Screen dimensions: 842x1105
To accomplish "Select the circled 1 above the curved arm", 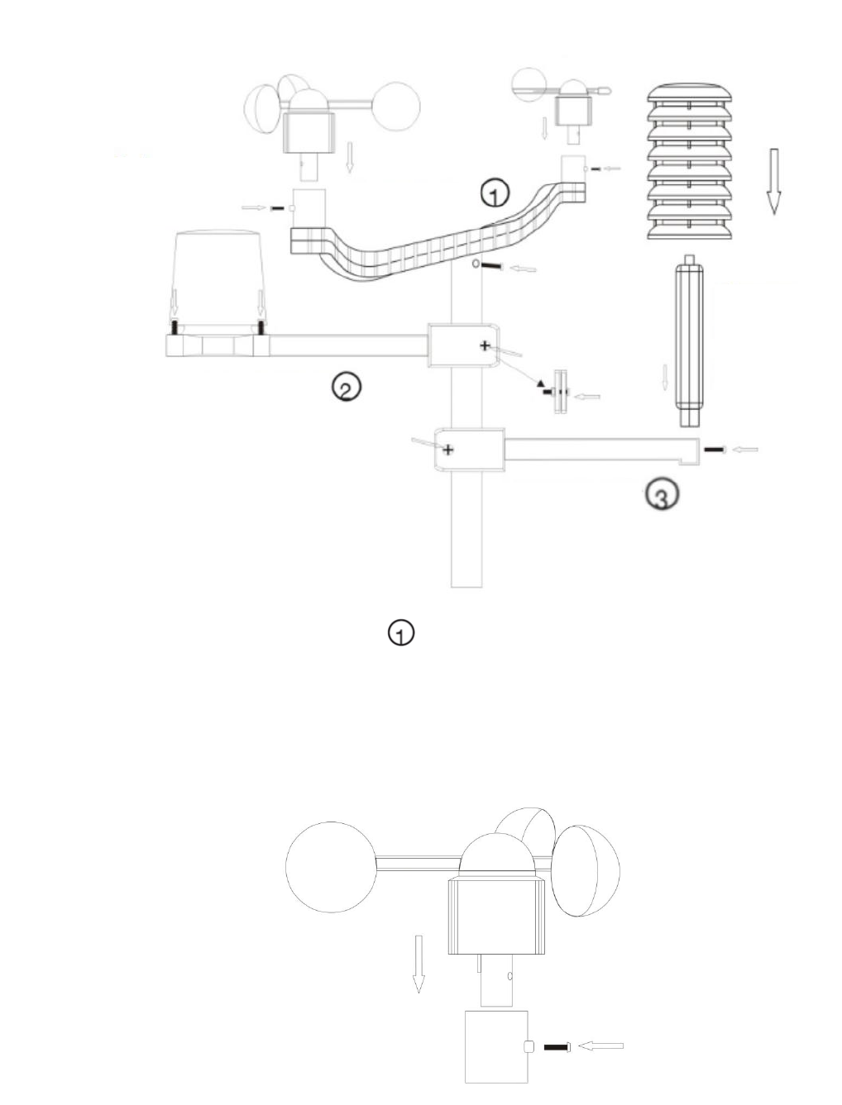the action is (495, 193).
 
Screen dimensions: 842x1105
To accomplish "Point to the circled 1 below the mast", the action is (401, 633).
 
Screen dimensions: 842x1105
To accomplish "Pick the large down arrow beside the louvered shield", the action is (773, 182).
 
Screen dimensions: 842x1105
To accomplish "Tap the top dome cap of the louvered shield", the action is (689, 93).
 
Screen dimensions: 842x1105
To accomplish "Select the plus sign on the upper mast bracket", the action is (485, 345).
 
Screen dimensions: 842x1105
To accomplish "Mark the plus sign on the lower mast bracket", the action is (447, 449).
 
